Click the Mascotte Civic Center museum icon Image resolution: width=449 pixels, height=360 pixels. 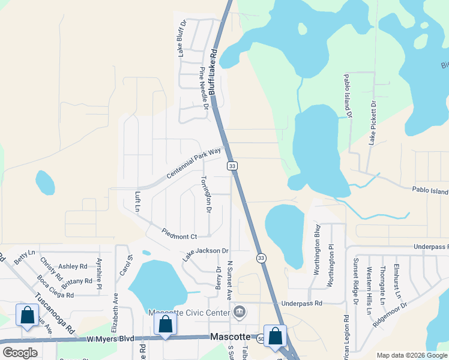click(240, 311)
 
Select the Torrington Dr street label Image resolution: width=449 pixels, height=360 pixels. click(206, 194)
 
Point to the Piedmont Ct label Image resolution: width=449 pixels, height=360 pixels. click(179, 233)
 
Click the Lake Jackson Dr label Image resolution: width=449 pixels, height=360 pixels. click(206, 255)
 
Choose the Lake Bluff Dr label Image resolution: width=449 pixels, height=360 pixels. click(182, 38)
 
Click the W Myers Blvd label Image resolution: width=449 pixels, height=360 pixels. click(110, 340)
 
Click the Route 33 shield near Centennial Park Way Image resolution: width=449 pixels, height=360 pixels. click(232, 165)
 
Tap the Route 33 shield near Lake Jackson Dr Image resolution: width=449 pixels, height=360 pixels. click(261, 258)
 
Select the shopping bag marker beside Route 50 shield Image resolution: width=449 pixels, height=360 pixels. click(275, 337)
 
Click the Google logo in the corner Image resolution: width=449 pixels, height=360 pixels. click(20, 353)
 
